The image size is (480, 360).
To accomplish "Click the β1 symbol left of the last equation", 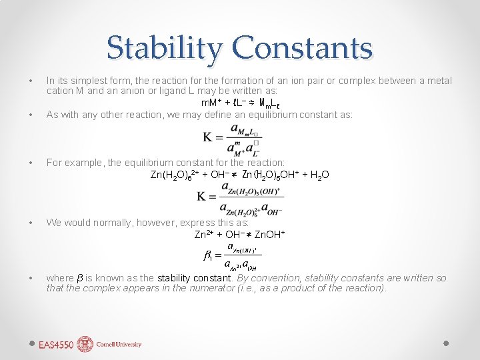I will click(x=208, y=255).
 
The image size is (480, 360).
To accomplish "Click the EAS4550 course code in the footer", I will click(x=55, y=345).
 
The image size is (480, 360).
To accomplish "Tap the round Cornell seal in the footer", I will click(x=85, y=344).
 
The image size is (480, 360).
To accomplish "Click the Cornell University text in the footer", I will click(x=119, y=345).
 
